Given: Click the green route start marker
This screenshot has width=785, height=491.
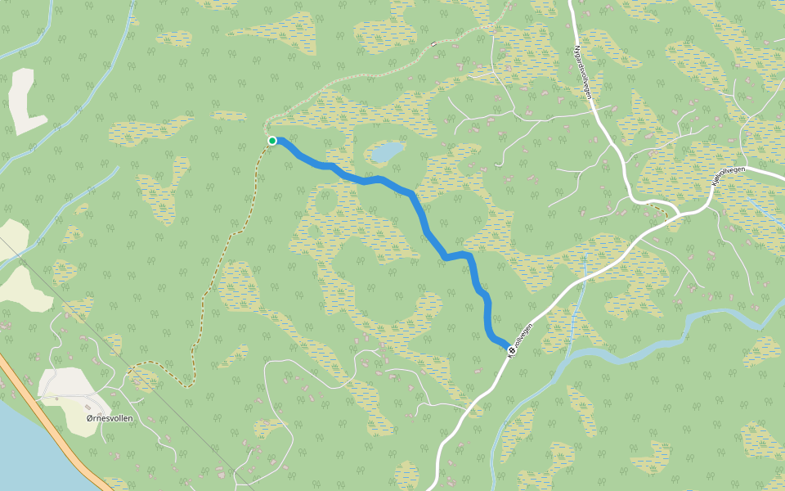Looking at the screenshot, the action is [x=272, y=141].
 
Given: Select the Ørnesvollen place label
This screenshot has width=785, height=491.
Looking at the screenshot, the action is [x=110, y=418].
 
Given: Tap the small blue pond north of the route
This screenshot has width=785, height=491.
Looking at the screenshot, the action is [x=387, y=151].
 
